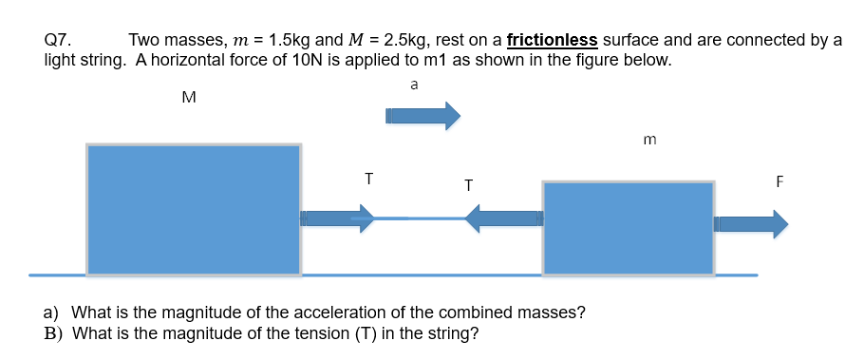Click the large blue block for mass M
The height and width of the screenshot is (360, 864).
[194, 210]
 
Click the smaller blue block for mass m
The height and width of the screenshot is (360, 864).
[628, 229]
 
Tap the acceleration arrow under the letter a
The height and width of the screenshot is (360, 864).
[422, 116]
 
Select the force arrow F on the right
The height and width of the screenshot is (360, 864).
[751, 224]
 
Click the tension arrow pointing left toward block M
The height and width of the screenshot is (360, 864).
[503, 220]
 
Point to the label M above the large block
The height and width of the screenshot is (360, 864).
[188, 96]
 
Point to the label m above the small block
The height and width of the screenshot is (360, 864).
[649, 141]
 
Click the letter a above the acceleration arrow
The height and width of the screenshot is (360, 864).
[413, 85]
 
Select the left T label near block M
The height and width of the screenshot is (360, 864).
[368, 178]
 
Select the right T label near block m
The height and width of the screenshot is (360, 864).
[468, 184]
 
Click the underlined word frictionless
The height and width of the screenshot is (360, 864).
[553, 40]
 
